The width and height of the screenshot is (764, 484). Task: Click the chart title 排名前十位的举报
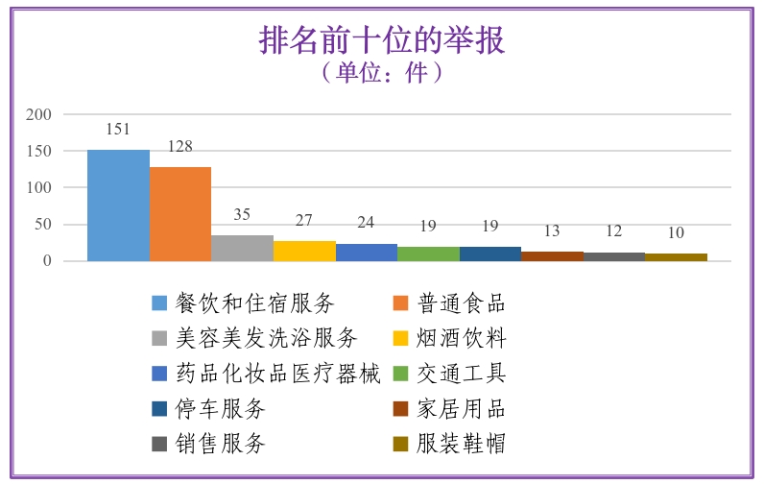click(x=382, y=40)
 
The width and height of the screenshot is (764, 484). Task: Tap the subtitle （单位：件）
click(x=382, y=73)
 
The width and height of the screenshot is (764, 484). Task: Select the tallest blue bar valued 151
click(x=118, y=206)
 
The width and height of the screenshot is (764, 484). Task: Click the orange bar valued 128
click(x=180, y=214)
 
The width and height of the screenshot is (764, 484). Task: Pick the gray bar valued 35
click(x=242, y=248)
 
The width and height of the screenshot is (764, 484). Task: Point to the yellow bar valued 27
click(x=304, y=251)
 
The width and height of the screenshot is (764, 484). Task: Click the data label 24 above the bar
click(x=366, y=222)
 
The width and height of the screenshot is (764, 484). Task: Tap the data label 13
click(x=552, y=230)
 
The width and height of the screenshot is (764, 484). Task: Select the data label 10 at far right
click(x=676, y=232)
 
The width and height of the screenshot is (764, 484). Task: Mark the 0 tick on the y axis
click(x=45, y=261)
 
